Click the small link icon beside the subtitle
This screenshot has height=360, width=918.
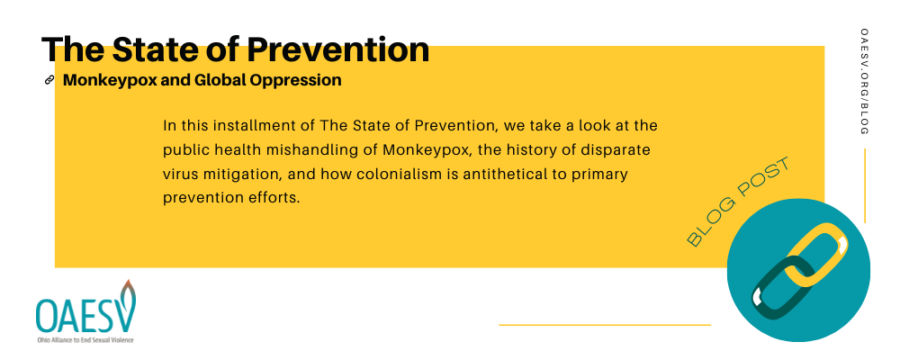49,80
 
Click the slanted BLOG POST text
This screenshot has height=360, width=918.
738,202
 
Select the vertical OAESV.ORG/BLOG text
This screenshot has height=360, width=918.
865,81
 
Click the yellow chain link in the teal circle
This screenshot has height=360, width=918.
815,254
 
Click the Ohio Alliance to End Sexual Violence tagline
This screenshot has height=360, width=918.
85,339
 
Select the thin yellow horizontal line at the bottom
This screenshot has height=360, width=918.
605,325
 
